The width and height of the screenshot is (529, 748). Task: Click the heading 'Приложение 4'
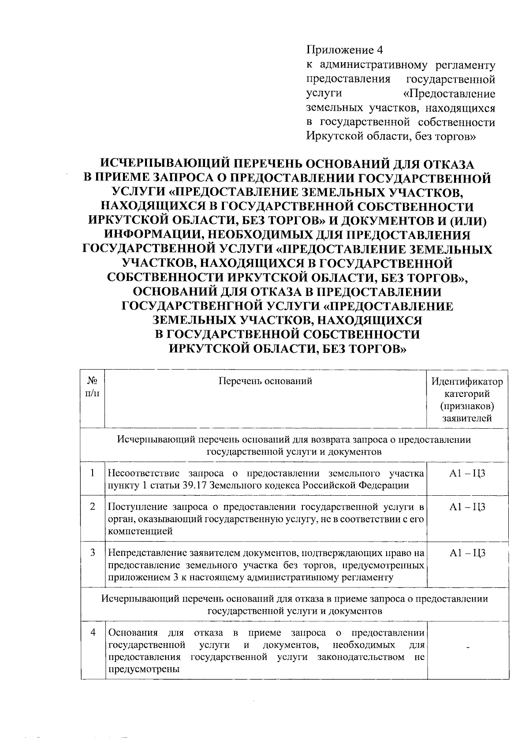(x=338, y=50)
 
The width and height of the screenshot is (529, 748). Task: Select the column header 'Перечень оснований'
(x=265, y=381)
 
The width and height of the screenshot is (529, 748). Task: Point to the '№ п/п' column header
(x=93, y=386)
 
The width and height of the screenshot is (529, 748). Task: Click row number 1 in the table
(x=93, y=473)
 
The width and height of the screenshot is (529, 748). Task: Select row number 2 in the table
(x=93, y=507)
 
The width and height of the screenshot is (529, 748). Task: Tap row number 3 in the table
(x=93, y=553)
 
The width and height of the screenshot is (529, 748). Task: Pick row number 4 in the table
(x=93, y=632)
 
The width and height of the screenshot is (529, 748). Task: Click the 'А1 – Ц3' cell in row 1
(x=467, y=474)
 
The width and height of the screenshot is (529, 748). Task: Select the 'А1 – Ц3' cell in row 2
(x=467, y=507)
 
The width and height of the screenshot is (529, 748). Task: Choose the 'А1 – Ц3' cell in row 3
(x=467, y=553)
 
